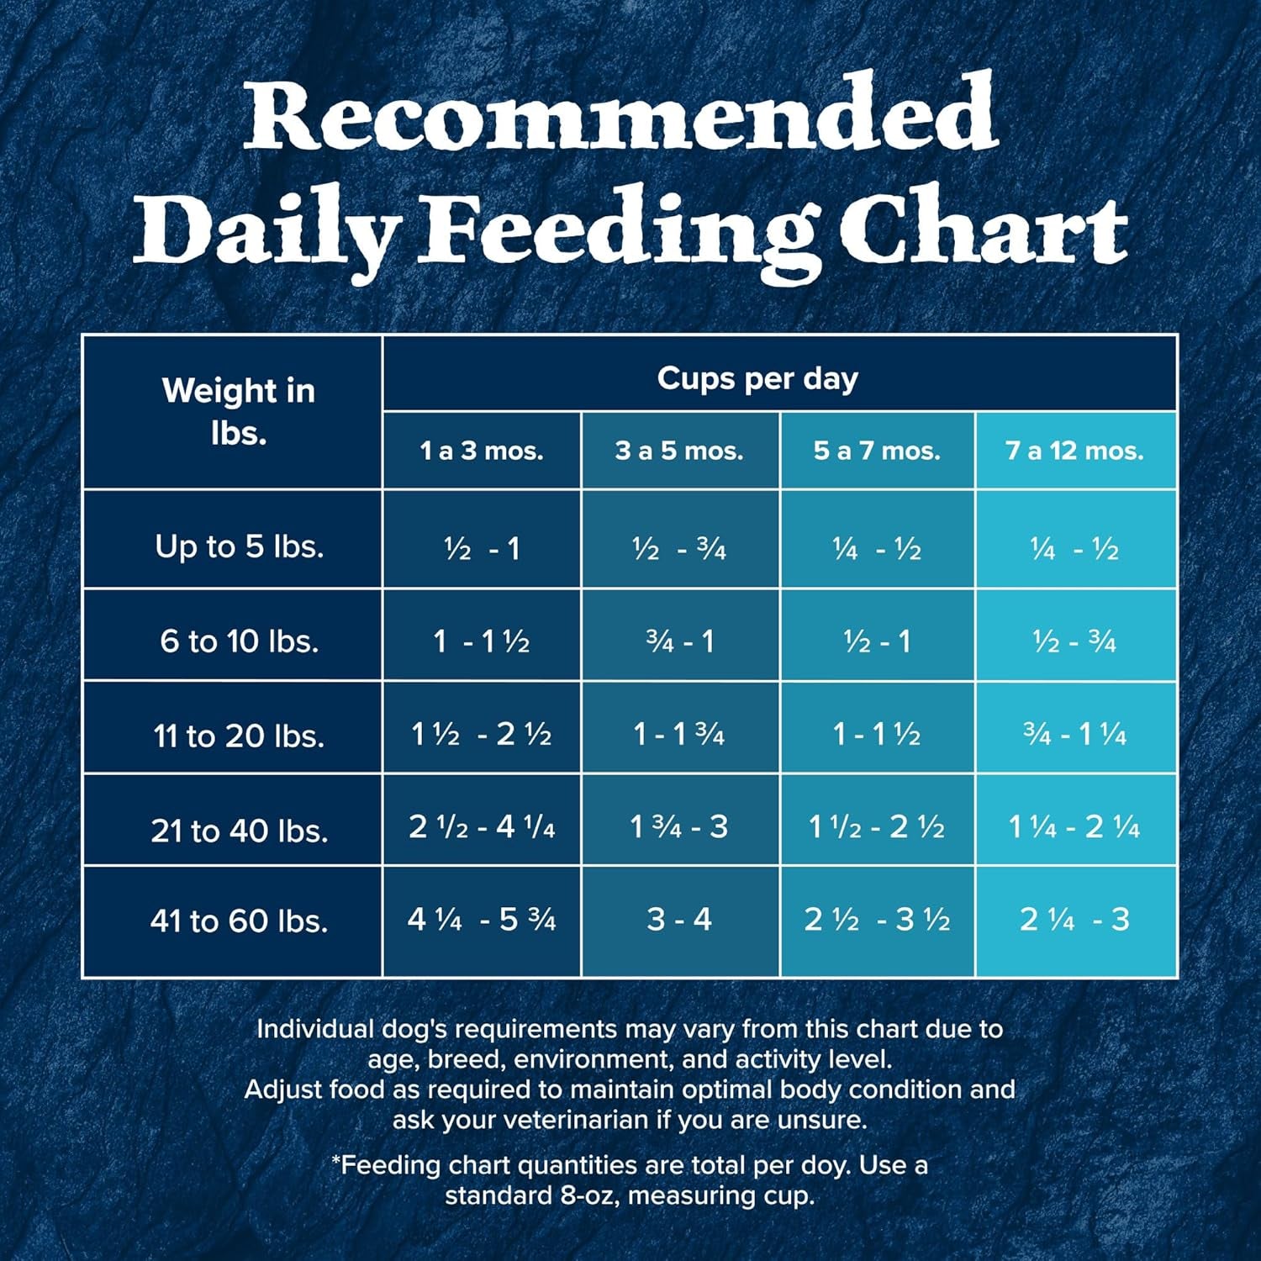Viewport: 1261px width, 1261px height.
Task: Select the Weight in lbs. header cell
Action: pos(239,411)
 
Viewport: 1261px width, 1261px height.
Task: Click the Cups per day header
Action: pos(757,378)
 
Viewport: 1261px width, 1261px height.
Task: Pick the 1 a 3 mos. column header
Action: pos(482,451)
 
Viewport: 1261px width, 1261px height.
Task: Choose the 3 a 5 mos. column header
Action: pos(679,451)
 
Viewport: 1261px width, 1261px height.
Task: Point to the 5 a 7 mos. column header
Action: pos(877,451)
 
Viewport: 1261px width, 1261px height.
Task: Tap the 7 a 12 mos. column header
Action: pos(1074,451)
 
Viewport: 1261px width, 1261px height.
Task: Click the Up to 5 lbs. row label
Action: pos(239,546)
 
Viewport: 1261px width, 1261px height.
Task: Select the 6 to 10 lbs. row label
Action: pos(239,641)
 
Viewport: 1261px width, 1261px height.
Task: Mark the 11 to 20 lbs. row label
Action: pos(239,736)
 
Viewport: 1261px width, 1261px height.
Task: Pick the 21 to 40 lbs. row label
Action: pos(239,831)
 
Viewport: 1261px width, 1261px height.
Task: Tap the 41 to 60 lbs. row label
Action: pos(239,921)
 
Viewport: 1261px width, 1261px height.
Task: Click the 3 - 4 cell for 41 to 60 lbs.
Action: pos(679,919)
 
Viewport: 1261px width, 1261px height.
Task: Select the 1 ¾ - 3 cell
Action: pos(679,826)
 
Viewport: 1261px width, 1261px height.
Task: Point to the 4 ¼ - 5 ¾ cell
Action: pos(482,919)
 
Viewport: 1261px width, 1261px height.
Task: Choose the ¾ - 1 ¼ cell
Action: pos(1074,734)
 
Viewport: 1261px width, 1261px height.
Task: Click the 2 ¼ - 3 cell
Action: pos(1074,919)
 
